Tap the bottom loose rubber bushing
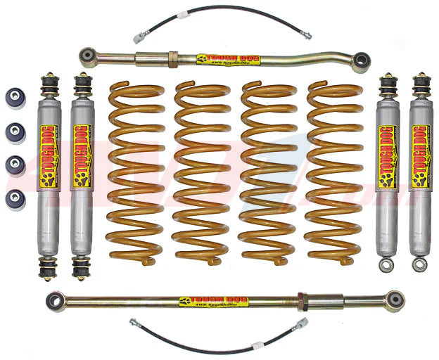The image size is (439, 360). tap(15, 198)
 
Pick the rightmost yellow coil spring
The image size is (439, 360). tap(332, 172)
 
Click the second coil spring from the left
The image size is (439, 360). tap(201, 172)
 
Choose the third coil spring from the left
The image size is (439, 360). tap(267, 172)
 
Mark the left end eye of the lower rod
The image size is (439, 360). tap(56, 302)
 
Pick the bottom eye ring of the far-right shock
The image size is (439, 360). tap(420, 265)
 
